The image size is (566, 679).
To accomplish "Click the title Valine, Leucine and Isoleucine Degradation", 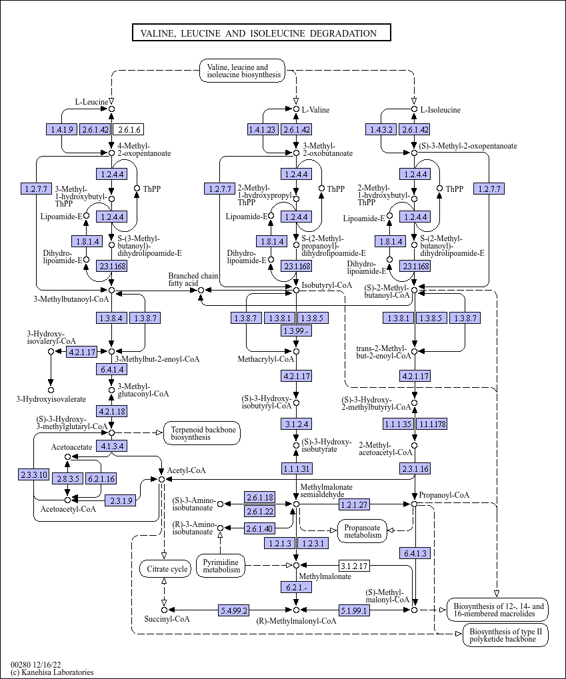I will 261,33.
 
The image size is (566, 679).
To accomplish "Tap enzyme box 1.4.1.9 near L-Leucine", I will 61,129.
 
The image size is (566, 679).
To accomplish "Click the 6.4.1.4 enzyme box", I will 111,369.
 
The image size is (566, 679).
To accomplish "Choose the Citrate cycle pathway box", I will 164,569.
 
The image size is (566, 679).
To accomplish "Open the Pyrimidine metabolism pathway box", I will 221,565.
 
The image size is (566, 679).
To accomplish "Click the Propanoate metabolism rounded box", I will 363,530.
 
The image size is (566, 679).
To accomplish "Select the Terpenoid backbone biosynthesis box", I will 202,433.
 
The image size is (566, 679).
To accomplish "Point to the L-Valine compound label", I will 315,109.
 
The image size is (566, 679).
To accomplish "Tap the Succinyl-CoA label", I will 167,619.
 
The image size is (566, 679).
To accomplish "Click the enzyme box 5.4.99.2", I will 234,610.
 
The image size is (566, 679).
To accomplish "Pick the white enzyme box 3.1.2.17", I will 354,566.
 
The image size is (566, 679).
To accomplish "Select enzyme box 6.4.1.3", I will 414,553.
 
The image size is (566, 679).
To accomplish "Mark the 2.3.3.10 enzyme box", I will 33,474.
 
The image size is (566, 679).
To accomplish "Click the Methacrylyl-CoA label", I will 266,359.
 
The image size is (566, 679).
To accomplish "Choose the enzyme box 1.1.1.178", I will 432,424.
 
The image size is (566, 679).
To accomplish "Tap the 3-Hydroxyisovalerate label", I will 51,399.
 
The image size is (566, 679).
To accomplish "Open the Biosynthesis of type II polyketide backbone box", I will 505,635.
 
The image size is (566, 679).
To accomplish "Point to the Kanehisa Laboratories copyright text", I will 52,672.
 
